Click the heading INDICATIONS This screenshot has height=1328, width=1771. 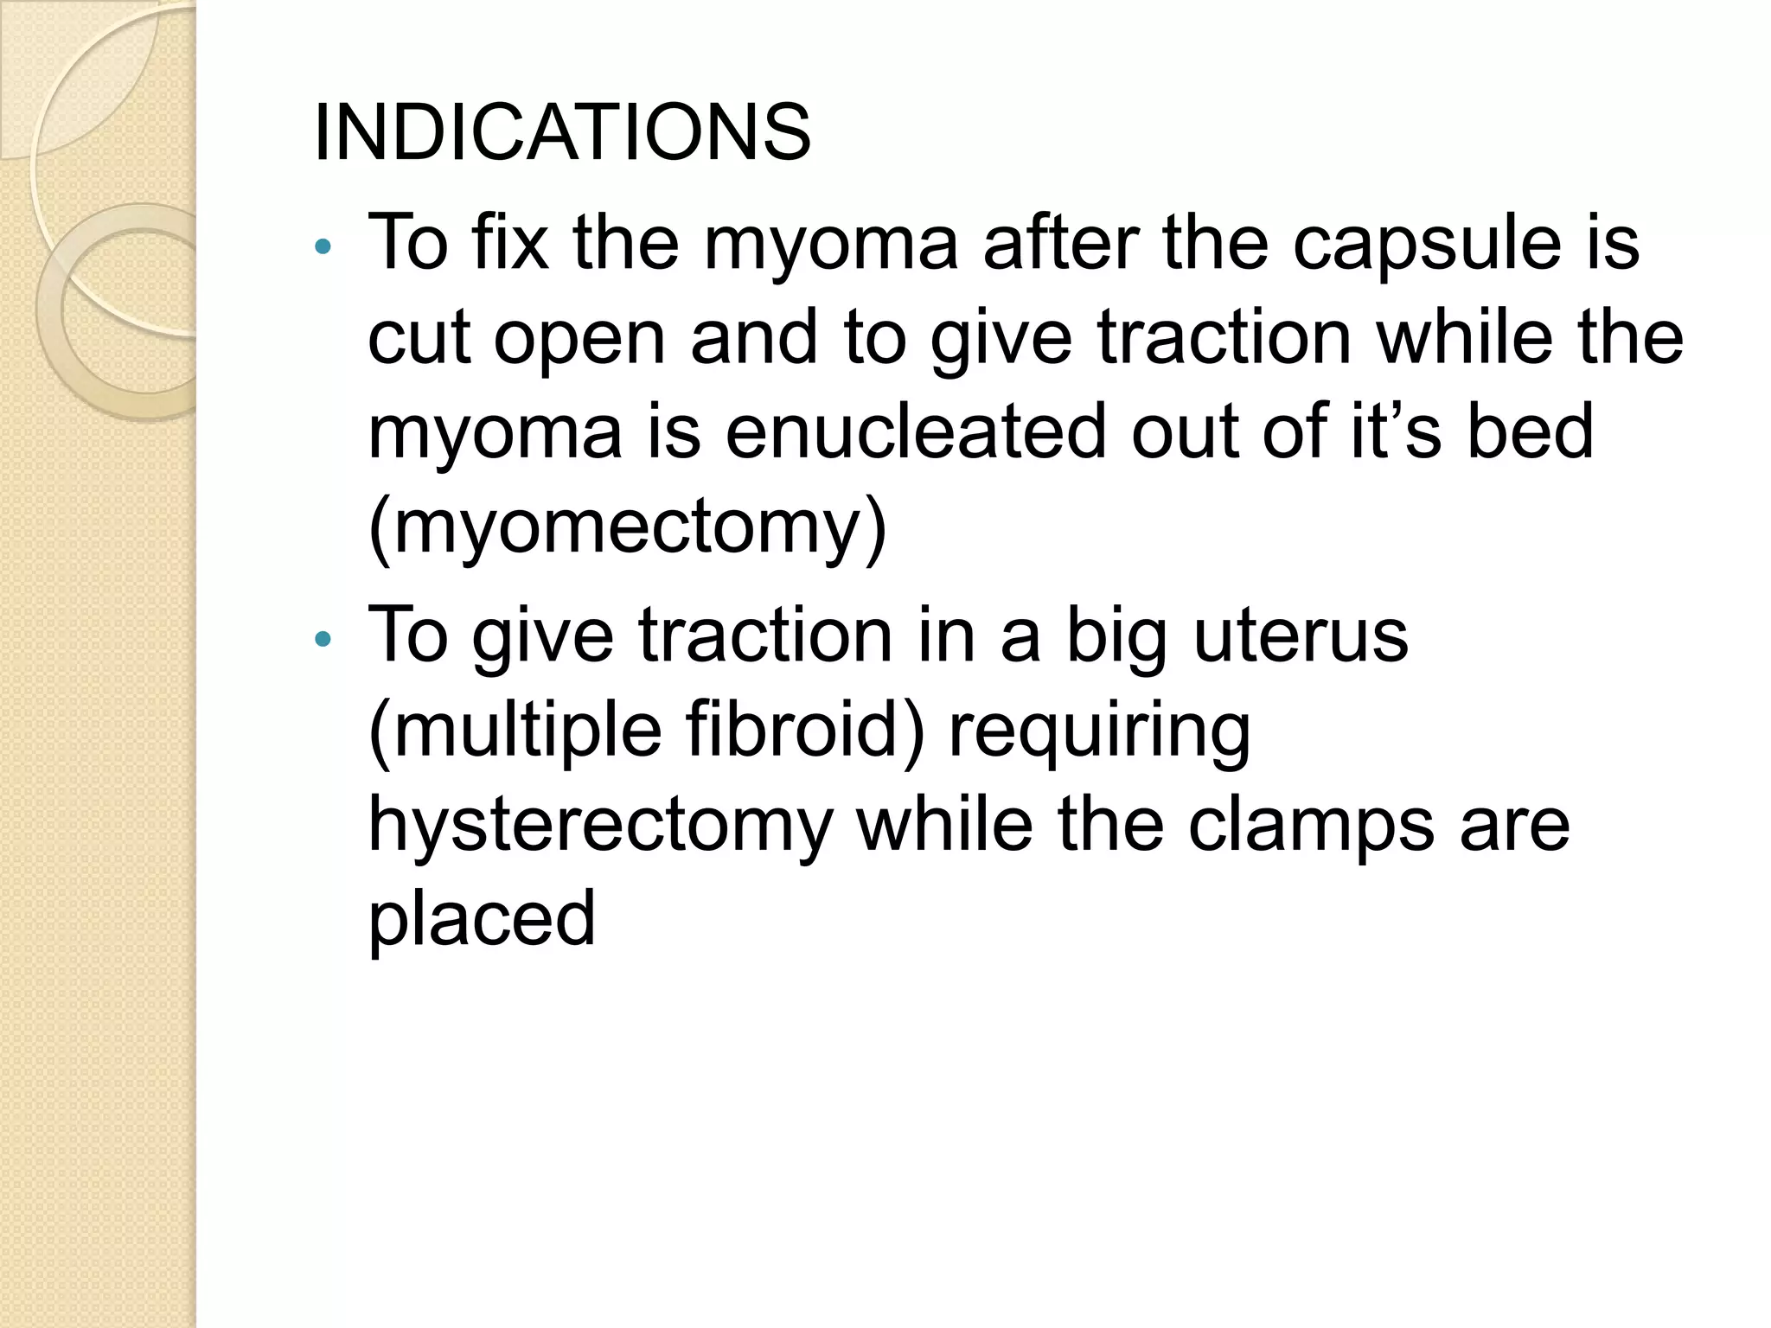562,133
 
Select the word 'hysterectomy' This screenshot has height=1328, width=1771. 600,826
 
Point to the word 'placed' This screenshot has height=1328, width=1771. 482,920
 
